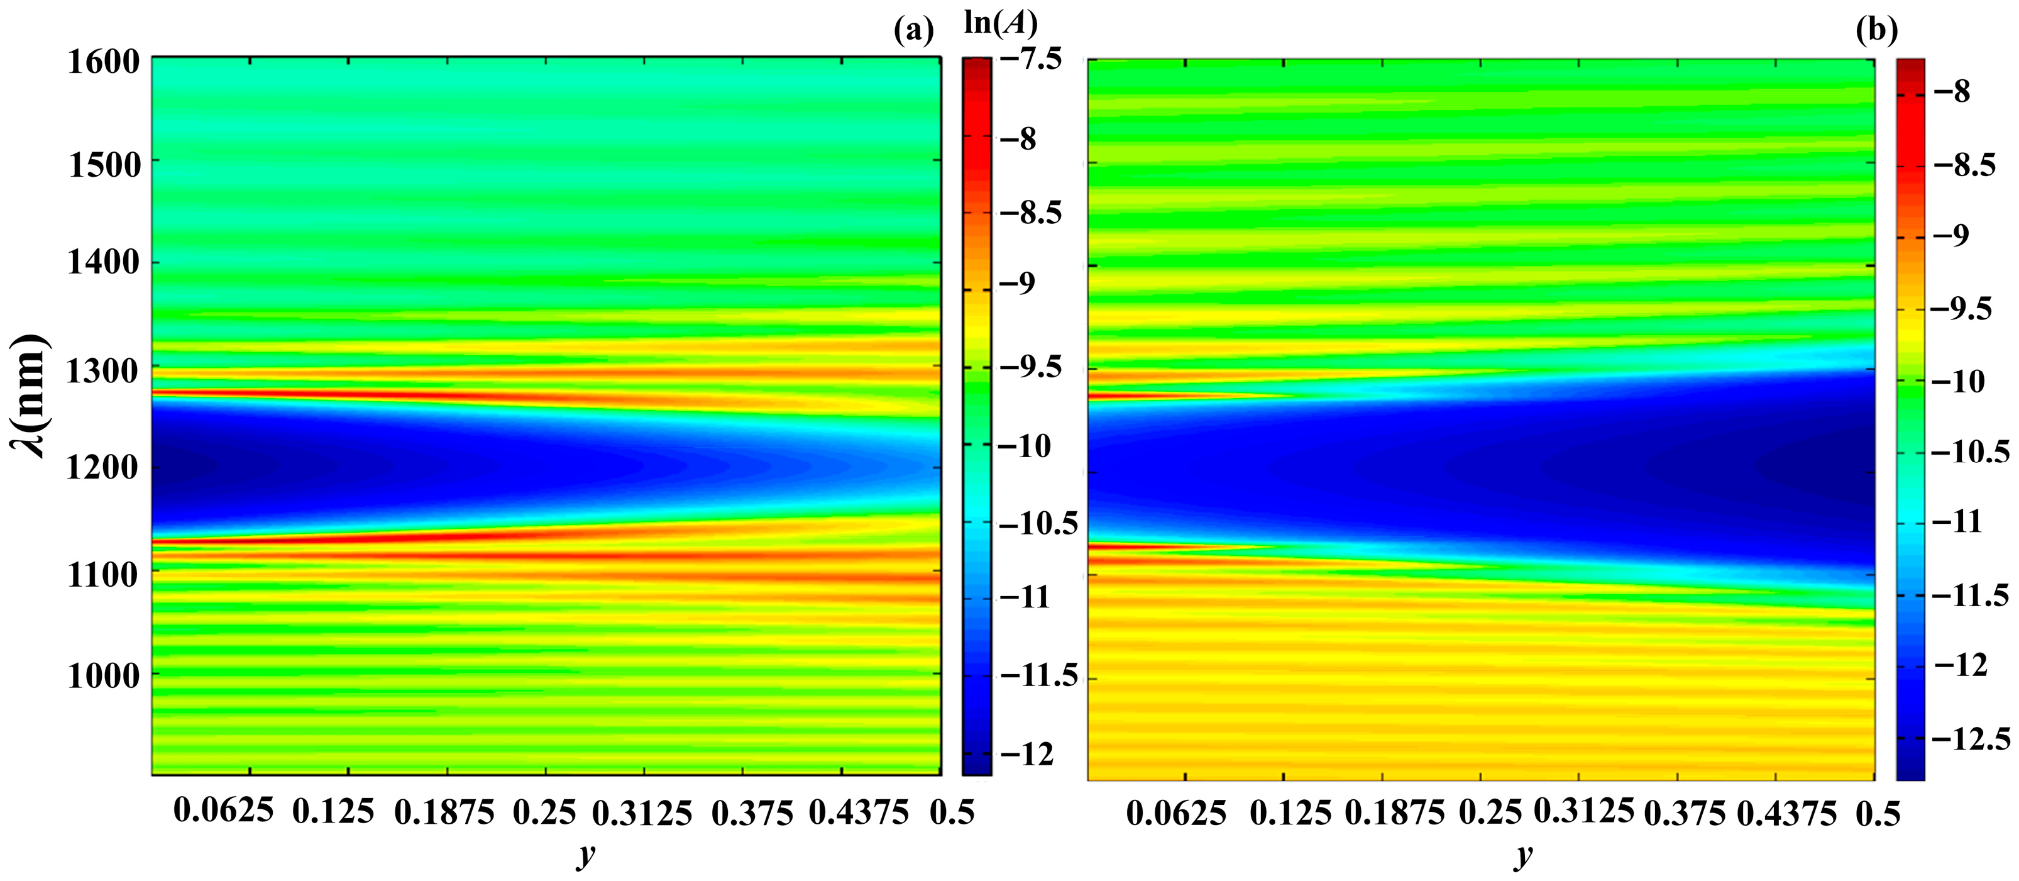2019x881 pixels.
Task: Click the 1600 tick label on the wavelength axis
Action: point(104,62)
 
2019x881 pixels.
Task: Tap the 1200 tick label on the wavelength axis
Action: point(104,468)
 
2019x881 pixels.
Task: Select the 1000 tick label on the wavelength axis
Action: point(104,675)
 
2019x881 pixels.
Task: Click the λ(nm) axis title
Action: point(30,396)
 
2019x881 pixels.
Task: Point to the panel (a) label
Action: point(914,31)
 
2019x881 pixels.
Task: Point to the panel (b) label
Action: point(1876,31)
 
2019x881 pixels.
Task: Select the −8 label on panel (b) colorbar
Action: point(1952,92)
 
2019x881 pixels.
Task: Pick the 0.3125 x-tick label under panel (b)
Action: point(1584,812)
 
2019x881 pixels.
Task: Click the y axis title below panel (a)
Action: point(585,855)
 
